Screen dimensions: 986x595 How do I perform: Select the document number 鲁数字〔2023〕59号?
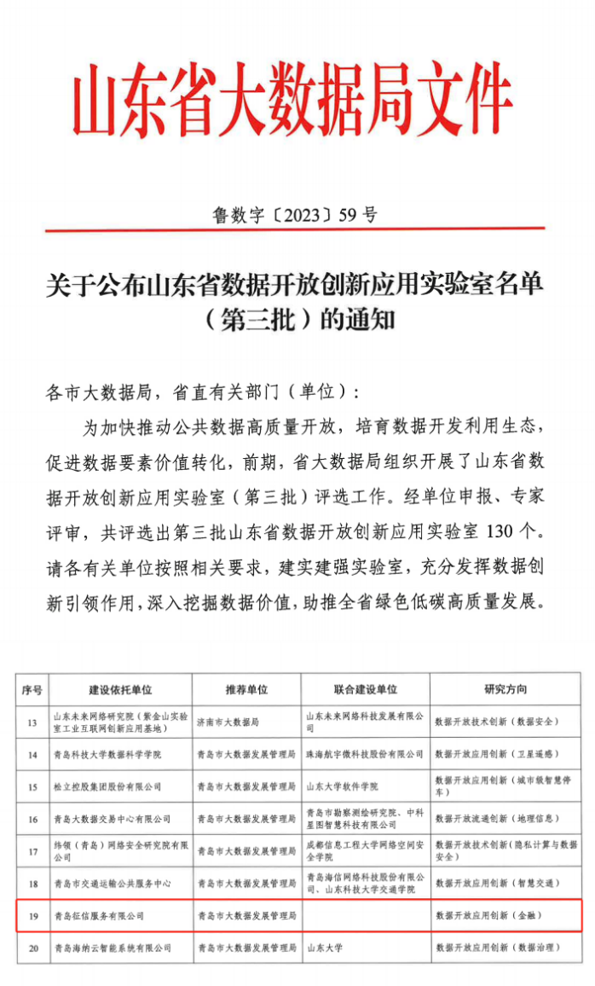point(293,215)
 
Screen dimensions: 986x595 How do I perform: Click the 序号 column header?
point(32,689)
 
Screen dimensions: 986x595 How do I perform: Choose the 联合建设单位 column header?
point(365,689)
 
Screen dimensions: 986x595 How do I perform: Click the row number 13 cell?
point(32,723)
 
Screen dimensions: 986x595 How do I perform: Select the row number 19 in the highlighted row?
point(32,915)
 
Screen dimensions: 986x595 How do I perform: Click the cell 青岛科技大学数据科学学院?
point(106,755)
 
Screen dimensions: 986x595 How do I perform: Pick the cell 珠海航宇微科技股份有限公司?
point(365,755)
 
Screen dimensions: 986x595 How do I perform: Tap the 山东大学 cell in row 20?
point(324,947)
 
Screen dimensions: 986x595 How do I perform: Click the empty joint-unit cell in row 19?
point(365,915)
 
